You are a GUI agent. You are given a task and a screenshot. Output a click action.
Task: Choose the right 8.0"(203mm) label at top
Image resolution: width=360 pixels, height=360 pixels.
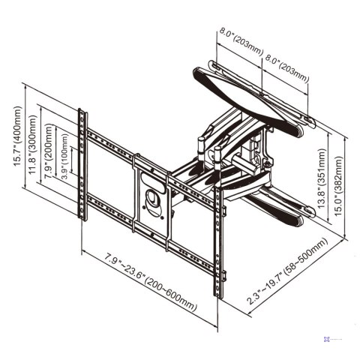pyautogui.click(x=286, y=65)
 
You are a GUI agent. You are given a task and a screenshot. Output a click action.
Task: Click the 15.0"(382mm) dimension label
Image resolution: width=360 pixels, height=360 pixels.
pyautogui.click(x=340, y=183)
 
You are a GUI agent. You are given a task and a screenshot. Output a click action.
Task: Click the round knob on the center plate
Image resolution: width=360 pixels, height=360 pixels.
pyautogui.click(x=154, y=200)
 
